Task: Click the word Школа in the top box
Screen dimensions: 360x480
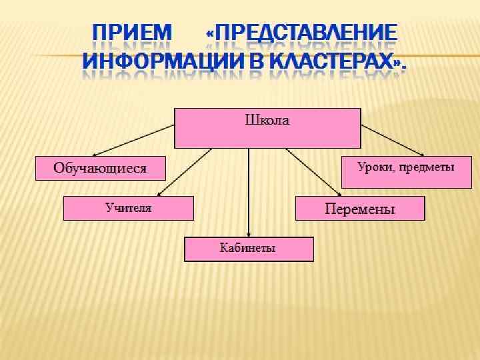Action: [267, 121]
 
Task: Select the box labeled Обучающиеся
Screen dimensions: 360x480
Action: [100, 168]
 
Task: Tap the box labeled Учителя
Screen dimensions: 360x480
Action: [129, 208]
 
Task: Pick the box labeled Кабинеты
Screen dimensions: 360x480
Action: [249, 249]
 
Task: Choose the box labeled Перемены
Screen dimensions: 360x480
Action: [360, 209]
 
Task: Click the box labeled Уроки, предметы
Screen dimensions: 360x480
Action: [406, 172]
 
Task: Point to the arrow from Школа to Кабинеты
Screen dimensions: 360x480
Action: [249, 193]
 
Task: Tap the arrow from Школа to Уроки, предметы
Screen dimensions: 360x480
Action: [390, 140]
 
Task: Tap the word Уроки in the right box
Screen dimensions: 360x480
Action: [375, 167]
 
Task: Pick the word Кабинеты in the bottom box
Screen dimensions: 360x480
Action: [248, 249]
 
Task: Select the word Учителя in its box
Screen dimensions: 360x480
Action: [129, 208]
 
